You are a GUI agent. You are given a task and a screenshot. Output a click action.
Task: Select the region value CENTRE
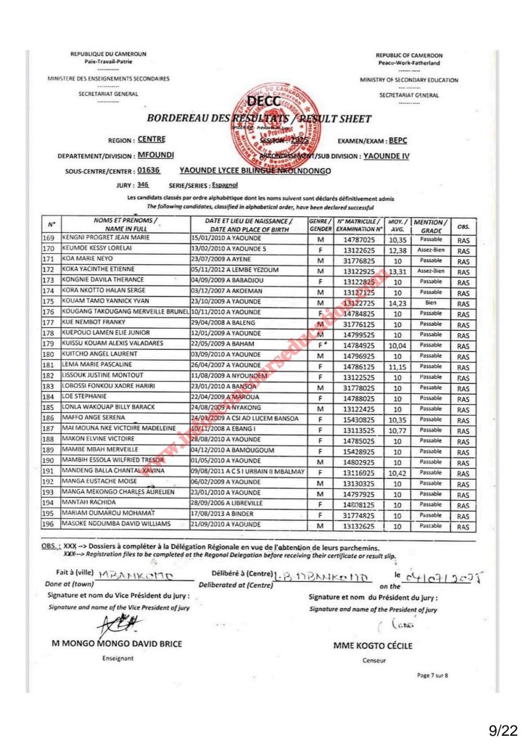[151, 139]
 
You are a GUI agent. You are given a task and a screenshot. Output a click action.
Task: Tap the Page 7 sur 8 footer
[433, 675]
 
